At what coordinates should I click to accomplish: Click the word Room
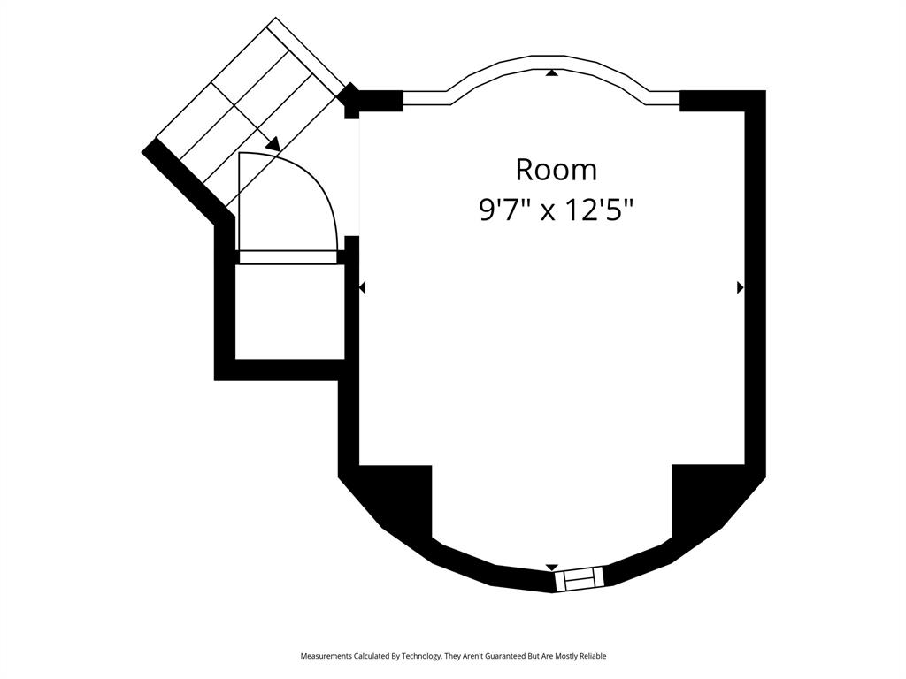(x=556, y=169)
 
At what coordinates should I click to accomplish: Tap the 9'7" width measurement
(x=504, y=210)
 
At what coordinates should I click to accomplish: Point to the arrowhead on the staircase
(x=273, y=143)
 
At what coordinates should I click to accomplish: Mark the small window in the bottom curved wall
(x=579, y=579)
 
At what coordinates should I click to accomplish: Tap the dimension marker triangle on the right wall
(x=740, y=287)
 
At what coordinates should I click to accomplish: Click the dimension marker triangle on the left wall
(x=362, y=287)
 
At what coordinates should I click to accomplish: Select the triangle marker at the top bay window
(x=552, y=72)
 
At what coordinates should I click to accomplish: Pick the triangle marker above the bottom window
(x=552, y=567)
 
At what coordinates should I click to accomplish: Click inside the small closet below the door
(x=288, y=311)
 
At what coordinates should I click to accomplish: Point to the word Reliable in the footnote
(x=589, y=656)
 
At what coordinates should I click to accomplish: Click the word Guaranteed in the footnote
(x=507, y=656)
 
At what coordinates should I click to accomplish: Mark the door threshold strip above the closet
(x=288, y=257)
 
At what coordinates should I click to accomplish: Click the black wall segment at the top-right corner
(x=721, y=100)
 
